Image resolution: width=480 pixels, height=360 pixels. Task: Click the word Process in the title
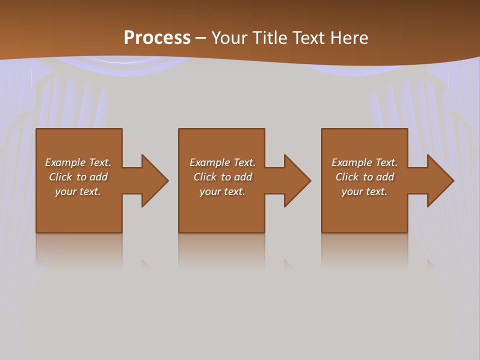[157, 38]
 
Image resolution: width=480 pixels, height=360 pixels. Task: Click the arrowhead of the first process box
[155, 180]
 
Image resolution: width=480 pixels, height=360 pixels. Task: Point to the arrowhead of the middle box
[297, 180]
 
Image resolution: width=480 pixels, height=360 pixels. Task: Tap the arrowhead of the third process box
[440, 180]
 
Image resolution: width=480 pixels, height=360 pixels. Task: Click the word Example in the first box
[65, 162]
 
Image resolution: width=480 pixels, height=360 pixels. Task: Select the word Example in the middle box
[209, 162]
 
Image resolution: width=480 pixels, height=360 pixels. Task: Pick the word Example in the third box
[351, 162]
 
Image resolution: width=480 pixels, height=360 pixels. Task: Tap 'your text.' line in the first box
[78, 191]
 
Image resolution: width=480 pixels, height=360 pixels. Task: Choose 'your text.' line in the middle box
[222, 191]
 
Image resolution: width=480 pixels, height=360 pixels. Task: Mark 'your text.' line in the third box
[364, 191]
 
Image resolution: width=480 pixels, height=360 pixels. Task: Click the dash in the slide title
[200, 38]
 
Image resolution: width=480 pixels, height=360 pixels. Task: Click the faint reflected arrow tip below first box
[145, 263]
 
